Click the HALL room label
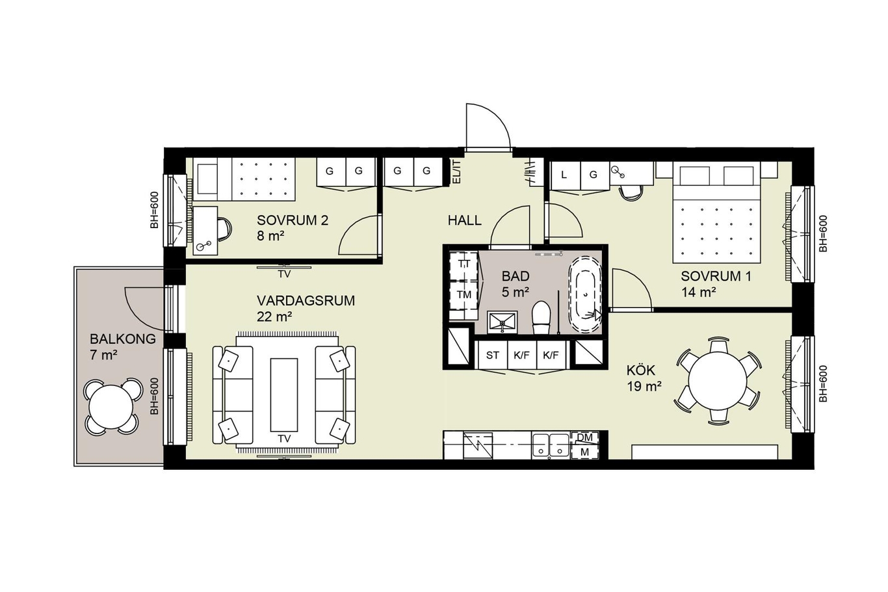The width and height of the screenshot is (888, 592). click(465, 220)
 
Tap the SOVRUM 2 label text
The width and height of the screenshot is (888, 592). click(293, 220)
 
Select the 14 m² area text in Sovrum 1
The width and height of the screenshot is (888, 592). click(699, 292)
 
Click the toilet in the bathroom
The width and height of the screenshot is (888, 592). click(541, 317)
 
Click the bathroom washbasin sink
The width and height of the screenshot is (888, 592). click(503, 322)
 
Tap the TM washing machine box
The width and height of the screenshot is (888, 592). click(464, 294)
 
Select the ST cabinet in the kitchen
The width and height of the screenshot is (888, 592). click(492, 355)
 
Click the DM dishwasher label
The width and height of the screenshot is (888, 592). click(584, 437)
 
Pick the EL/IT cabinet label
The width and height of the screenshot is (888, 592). click(456, 172)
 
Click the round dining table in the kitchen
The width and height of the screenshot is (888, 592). click(718, 381)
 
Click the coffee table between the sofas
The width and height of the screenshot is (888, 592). click(284, 394)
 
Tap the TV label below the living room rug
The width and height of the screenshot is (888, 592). click(284, 439)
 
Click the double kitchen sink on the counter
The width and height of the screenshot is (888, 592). click(551, 445)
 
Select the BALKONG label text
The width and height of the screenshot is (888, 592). click(123, 339)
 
